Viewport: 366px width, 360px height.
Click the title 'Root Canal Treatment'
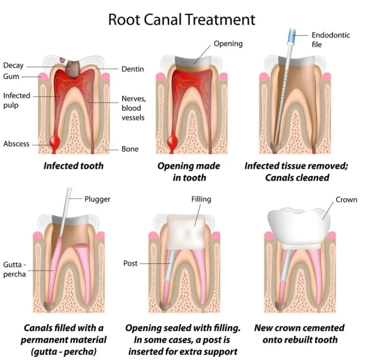(182, 19)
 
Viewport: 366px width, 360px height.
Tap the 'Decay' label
(13, 65)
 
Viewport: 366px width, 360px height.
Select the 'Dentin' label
(133, 69)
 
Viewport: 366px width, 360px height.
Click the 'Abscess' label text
(16, 144)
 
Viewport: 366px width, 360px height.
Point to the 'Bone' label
(130, 149)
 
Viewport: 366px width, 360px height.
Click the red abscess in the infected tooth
(55, 141)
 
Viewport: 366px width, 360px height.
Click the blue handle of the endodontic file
(292, 35)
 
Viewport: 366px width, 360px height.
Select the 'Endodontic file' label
(331, 40)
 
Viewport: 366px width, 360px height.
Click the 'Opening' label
(228, 44)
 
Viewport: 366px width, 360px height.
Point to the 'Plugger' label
(97, 199)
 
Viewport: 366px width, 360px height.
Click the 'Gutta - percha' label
(14, 269)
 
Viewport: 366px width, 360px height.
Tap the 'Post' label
(130, 263)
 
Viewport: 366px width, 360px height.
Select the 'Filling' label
(201, 199)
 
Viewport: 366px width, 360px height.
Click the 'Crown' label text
(346, 200)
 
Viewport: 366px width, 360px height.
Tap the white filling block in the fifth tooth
(186, 232)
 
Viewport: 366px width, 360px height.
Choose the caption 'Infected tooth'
(73, 166)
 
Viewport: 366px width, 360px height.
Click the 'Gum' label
(11, 76)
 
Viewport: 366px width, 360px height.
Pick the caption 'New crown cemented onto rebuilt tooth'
(299, 334)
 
